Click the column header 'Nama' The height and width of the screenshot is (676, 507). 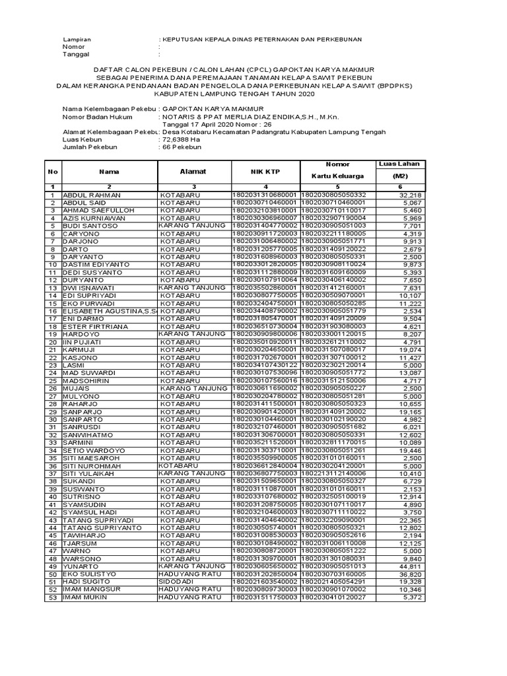[x=109, y=172]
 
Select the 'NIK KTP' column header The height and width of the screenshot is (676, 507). [x=266, y=172]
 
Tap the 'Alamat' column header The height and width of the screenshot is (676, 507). [x=193, y=172]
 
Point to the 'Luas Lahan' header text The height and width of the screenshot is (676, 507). [x=399, y=164]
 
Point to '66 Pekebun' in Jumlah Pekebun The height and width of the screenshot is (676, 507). [x=185, y=149]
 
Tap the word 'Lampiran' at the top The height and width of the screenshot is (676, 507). [x=76, y=40]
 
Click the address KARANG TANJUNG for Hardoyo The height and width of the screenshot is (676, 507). [x=192, y=334]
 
